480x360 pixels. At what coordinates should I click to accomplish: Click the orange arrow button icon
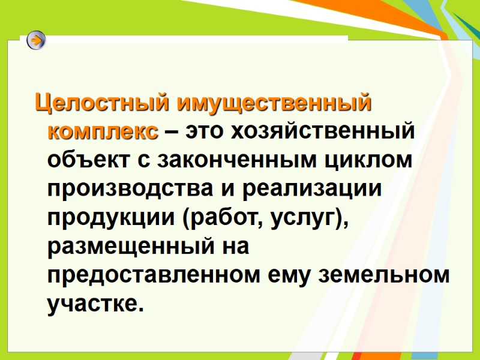click(37, 41)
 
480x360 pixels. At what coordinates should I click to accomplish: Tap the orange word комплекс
click(103, 131)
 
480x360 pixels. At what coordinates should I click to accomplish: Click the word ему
click(289, 276)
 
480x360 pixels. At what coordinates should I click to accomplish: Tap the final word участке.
click(95, 305)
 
